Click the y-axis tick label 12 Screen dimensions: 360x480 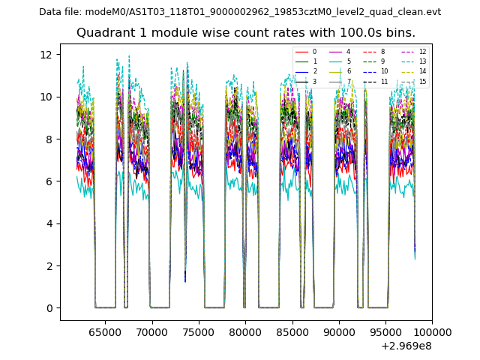(46, 55)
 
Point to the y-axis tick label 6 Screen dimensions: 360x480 (49, 181)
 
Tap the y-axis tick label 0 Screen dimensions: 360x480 (49, 308)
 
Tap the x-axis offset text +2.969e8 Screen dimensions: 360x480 (406, 346)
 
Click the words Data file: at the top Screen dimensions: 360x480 (60, 12)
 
